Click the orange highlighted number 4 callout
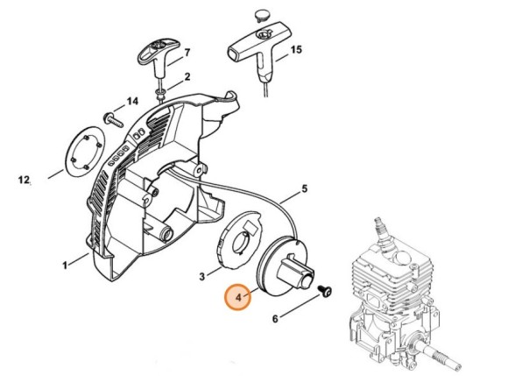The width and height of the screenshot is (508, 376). click(x=238, y=297)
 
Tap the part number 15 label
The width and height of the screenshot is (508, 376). click(x=295, y=50)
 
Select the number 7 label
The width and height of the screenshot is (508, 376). click(x=187, y=53)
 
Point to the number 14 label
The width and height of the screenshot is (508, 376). click(x=132, y=102)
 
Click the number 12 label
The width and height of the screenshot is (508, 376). click(x=24, y=180)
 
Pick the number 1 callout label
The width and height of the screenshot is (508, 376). click(x=65, y=266)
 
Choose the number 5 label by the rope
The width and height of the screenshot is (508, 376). click(x=305, y=188)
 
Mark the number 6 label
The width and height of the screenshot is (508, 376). click(x=275, y=319)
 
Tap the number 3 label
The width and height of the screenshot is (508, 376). click(x=202, y=277)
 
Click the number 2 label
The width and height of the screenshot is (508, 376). click(x=187, y=77)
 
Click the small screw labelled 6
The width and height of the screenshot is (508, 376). click(x=325, y=290)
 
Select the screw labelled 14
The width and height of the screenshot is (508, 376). click(x=113, y=120)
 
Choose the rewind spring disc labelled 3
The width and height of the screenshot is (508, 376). click(x=238, y=240)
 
